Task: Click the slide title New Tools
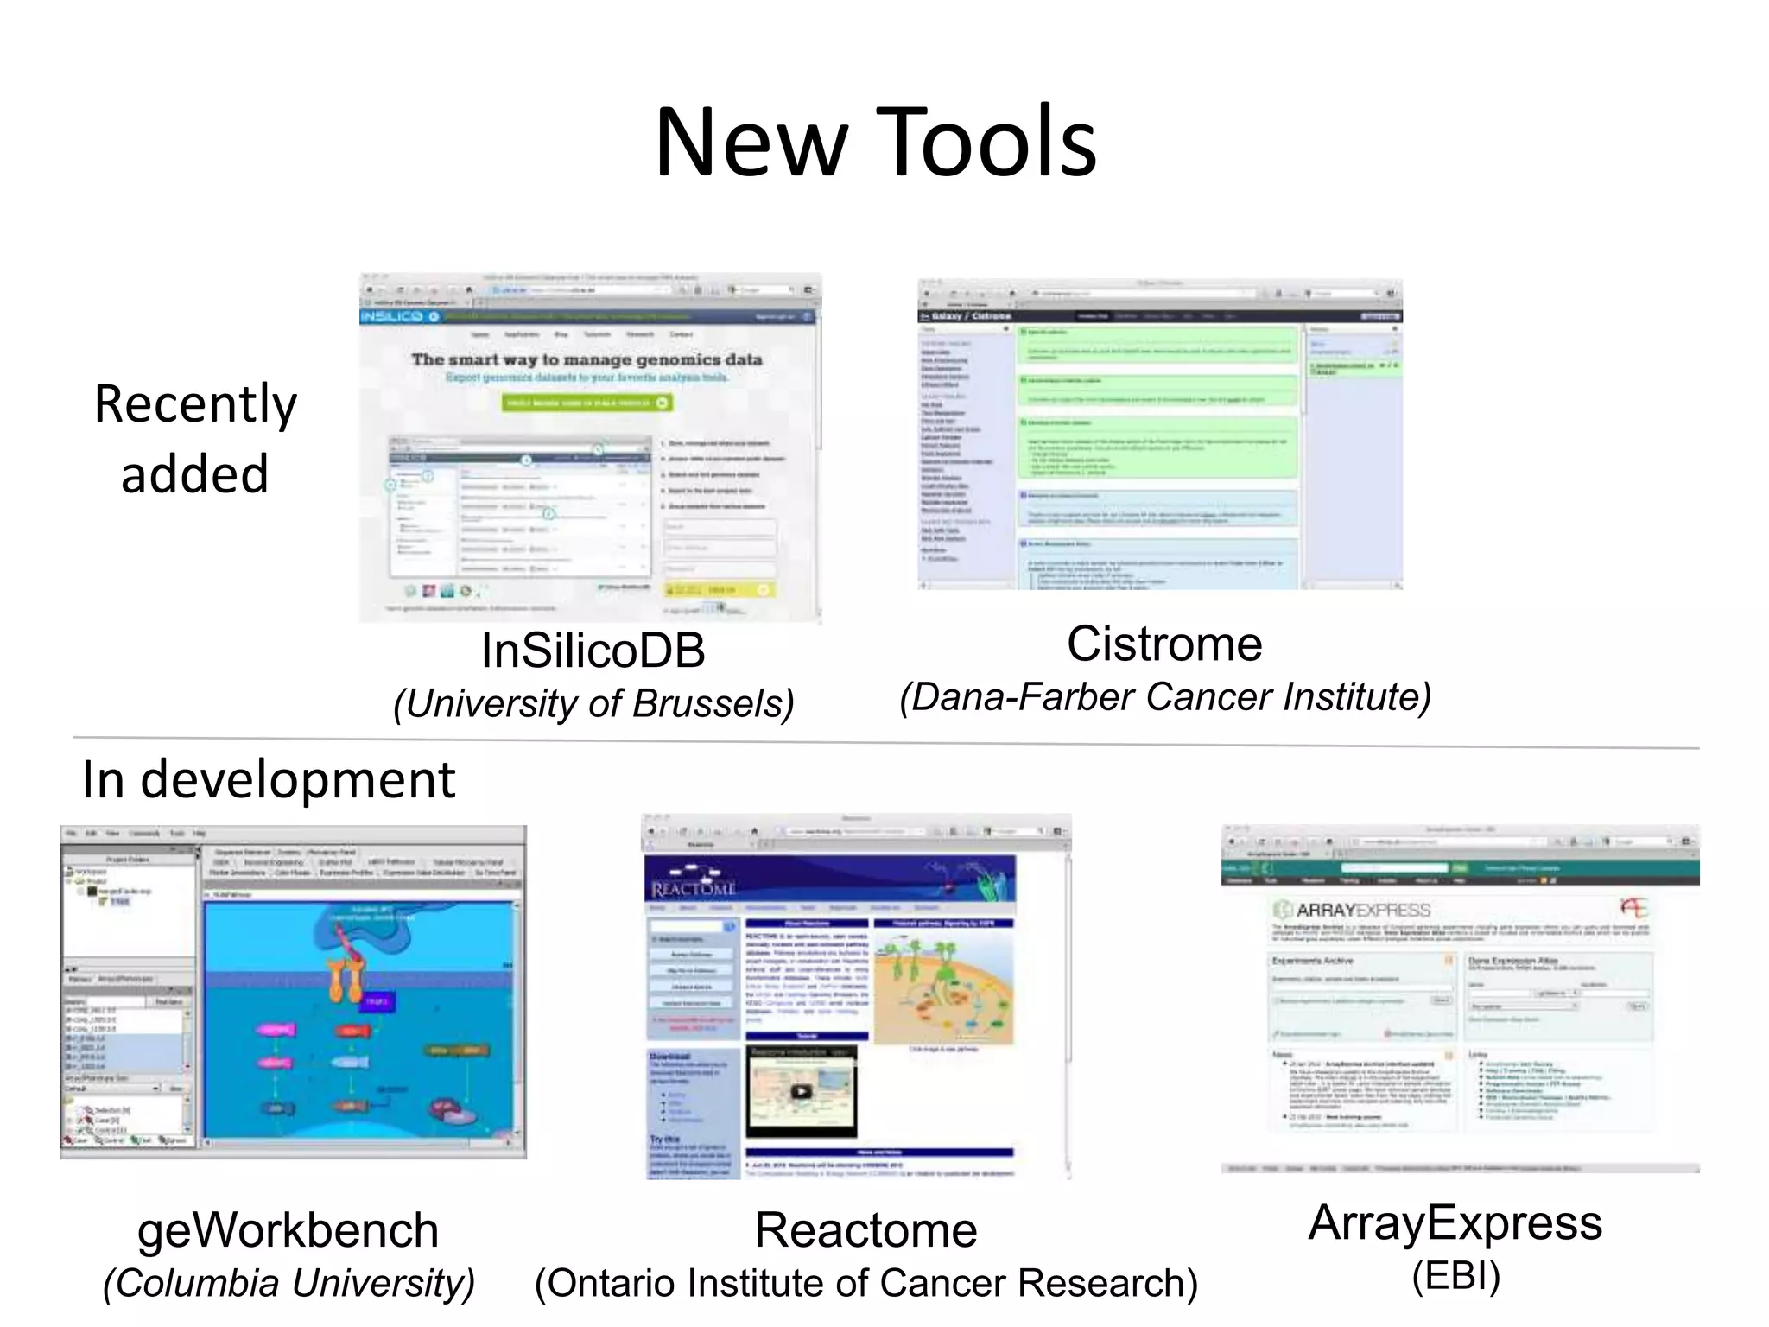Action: point(875,143)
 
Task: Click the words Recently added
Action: point(195,439)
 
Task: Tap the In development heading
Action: point(268,779)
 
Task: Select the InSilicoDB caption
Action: point(593,651)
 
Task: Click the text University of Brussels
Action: point(593,703)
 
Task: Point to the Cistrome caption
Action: point(1163,644)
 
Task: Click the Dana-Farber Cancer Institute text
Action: point(1165,697)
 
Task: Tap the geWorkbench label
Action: point(288,1229)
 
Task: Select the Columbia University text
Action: point(288,1283)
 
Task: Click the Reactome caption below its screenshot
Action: point(865,1229)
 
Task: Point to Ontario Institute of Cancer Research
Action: point(865,1283)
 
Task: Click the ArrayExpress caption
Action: point(1455,1222)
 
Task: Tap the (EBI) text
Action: point(1455,1276)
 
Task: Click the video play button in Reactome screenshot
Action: point(801,1091)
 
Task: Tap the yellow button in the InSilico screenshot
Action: point(719,589)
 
